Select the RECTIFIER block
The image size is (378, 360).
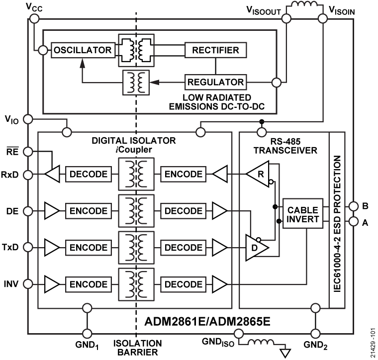(x=216, y=50)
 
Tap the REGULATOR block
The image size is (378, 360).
(x=216, y=82)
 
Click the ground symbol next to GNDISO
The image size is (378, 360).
(x=285, y=353)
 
